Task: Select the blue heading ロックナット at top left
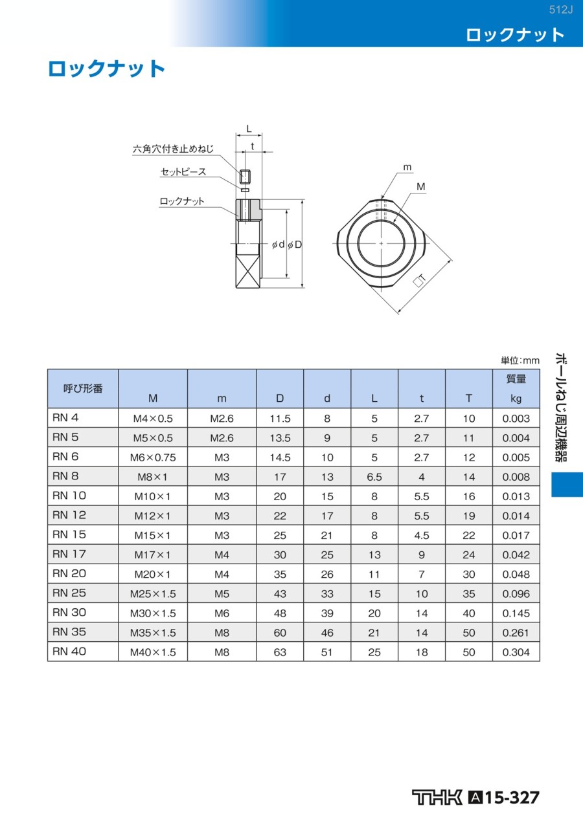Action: coord(106,69)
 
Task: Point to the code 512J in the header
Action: coord(561,10)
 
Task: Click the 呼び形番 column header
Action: coord(83,388)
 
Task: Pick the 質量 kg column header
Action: coord(516,388)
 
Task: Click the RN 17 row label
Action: coord(69,554)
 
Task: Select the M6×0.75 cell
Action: coord(153,457)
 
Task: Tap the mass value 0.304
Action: coord(516,652)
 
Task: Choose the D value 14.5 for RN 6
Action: coord(280,457)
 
